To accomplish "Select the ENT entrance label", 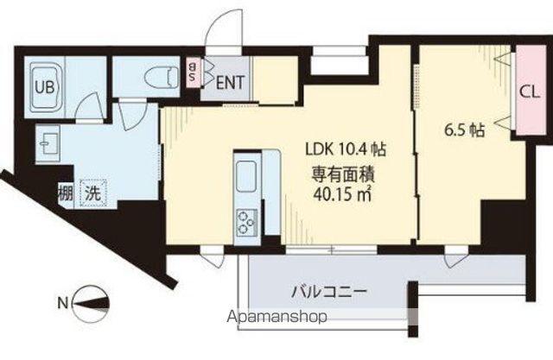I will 229,83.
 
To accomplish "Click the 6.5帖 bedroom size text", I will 464,130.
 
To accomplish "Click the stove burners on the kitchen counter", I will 246,221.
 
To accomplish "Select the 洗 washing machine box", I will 92,194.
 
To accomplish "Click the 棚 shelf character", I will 65,193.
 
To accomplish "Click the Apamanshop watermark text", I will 277,317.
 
